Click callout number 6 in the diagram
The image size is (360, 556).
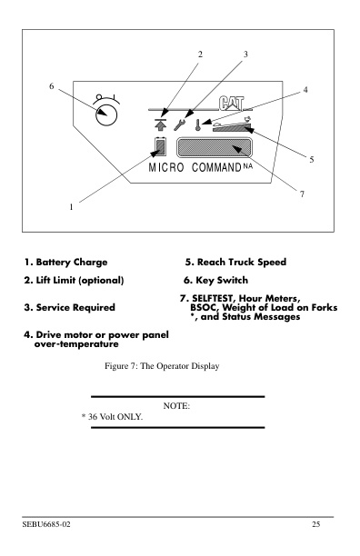[x=51, y=86]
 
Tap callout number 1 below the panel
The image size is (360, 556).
[x=71, y=206]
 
